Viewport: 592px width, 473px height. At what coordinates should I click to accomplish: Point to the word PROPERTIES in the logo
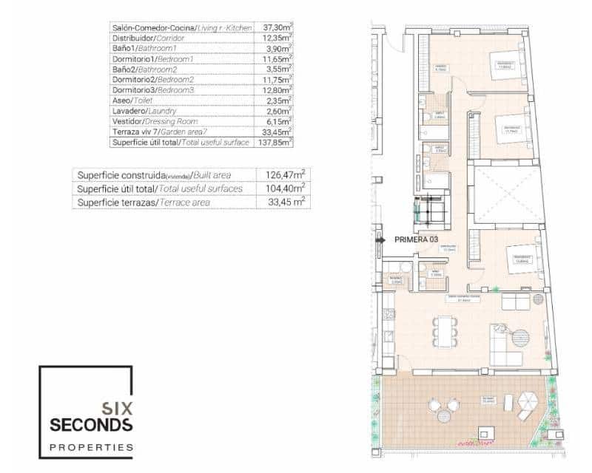91,447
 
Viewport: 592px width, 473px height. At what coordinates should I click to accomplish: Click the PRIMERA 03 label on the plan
417,239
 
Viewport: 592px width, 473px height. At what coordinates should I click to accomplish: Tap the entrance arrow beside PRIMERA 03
380,239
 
